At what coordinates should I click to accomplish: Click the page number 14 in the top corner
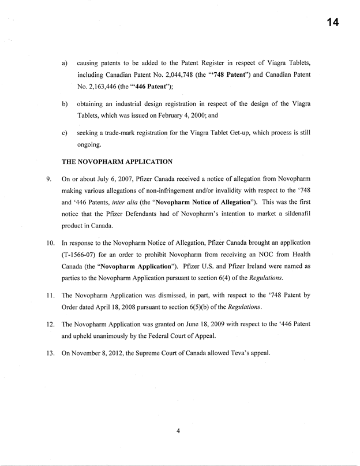(x=332, y=23)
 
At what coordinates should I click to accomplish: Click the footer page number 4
(x=179, y=428)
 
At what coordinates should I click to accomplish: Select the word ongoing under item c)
(x=89, y=144)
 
